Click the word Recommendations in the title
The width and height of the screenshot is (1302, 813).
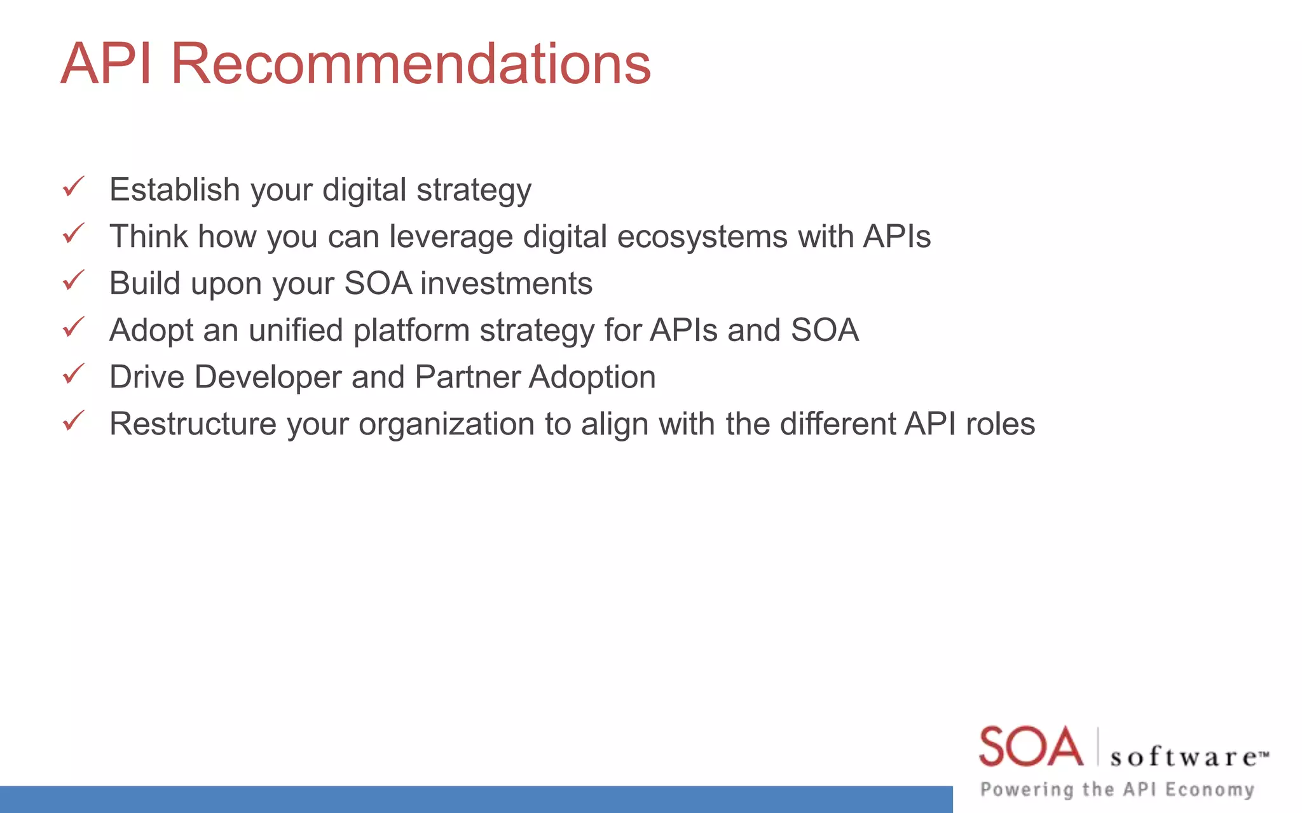411,64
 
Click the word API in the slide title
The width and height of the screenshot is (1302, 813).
106,64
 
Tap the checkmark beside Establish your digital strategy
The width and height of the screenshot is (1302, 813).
74,187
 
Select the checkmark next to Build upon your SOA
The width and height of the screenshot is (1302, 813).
74,280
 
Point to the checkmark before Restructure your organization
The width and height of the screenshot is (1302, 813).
74,420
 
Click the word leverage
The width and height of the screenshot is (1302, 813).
451,237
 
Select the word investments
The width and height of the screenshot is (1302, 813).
506,283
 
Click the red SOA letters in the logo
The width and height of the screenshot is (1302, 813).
1030,747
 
